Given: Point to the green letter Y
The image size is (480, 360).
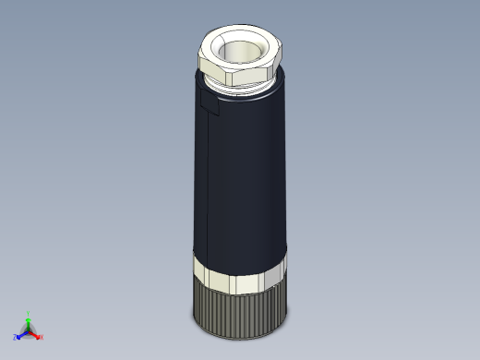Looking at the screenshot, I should pos(29,313).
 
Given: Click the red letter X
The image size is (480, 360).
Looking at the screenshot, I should pos(42,337).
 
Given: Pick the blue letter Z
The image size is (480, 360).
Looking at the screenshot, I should pos(16,337).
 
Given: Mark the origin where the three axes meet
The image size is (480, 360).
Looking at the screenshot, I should pos(29,330).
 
